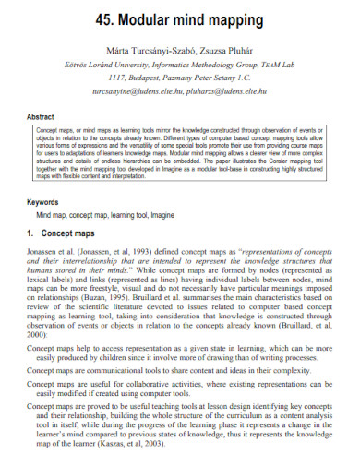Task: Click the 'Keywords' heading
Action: pyautogui.click(x=42, y=201)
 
